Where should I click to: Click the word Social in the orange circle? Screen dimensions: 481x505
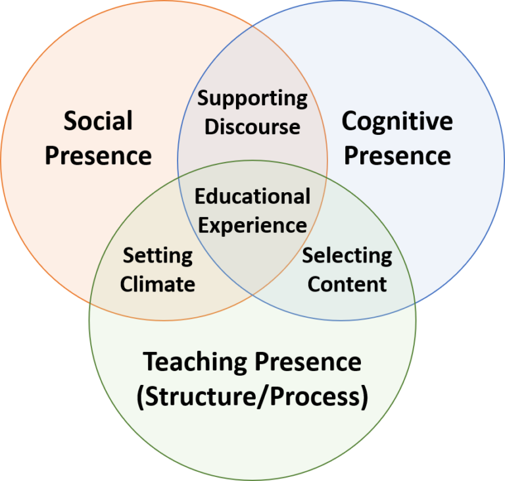coord(98,121)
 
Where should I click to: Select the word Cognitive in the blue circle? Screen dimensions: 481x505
coord(397,121)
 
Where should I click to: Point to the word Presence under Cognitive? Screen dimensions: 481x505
coord(397,156)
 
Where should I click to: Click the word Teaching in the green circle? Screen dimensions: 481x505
coord(195,362)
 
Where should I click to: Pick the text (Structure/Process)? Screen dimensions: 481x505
coord(252,397)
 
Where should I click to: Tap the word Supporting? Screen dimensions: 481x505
coord(252,99)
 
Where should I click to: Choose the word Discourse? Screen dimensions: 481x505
coord(252,126)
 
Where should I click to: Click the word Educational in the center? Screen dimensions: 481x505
coord(252,196)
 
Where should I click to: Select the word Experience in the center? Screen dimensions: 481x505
coord(252,225)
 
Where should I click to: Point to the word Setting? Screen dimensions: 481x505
coord(158,255)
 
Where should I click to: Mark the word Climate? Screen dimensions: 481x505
coord(158,284)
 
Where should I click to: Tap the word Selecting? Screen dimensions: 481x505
coord(347,255)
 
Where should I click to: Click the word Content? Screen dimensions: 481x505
coord(347,284)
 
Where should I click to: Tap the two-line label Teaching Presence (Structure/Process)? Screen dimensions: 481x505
coord(252,380)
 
